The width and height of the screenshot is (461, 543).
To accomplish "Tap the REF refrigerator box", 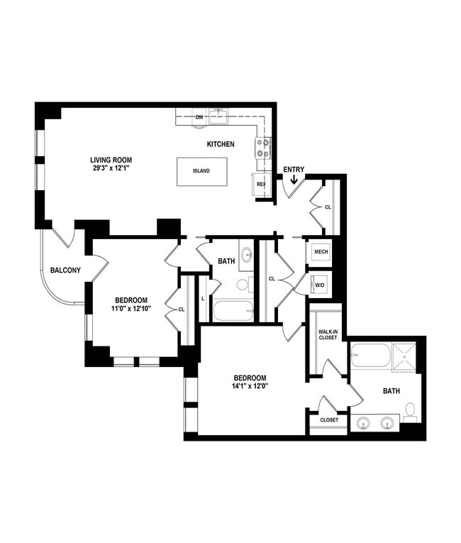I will click(x=261, y=183).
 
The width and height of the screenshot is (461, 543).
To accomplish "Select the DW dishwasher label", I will click(x=199, y=117).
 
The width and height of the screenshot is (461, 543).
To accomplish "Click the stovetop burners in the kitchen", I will click(x=262, y=148).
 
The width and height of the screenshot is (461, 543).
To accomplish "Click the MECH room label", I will click(x=321, y=252).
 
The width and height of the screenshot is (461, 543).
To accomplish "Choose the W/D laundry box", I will click(x=320, y=285).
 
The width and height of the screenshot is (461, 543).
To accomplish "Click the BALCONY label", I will click(x=65, y=270).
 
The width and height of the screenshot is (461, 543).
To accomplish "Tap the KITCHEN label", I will click(x=221, y=144).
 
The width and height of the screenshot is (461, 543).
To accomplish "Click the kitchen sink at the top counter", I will click(x=221, y=115).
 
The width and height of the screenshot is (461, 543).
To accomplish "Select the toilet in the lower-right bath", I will click(x=410, y=411).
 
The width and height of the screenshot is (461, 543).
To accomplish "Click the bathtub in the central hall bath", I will click(x=232, y=311).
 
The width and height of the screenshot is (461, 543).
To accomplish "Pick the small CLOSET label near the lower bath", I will click(x=329, y=420).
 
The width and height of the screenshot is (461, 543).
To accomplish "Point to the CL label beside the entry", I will click(x=328, y=208).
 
